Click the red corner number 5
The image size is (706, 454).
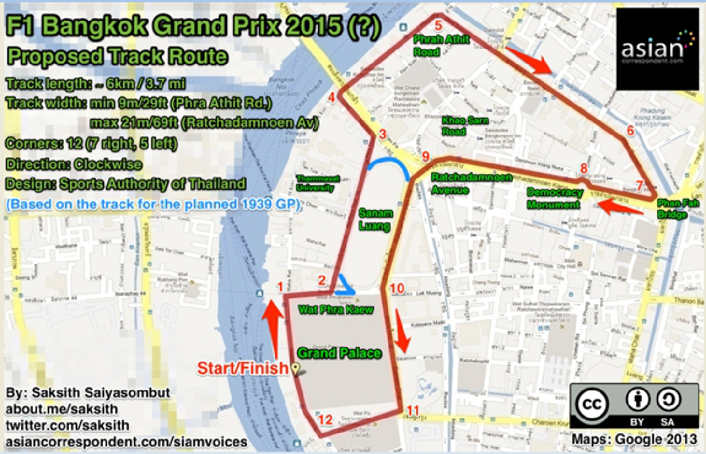coord(438,25)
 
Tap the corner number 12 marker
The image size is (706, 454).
coord(325,420)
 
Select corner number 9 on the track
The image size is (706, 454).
coord(425,156)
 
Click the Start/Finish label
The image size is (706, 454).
coord(243,369)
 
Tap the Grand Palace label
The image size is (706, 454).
coord(339,353)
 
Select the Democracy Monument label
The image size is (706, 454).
coord(555,199)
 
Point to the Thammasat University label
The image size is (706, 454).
coord(315,183)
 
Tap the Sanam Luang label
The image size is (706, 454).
coord(375,218)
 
